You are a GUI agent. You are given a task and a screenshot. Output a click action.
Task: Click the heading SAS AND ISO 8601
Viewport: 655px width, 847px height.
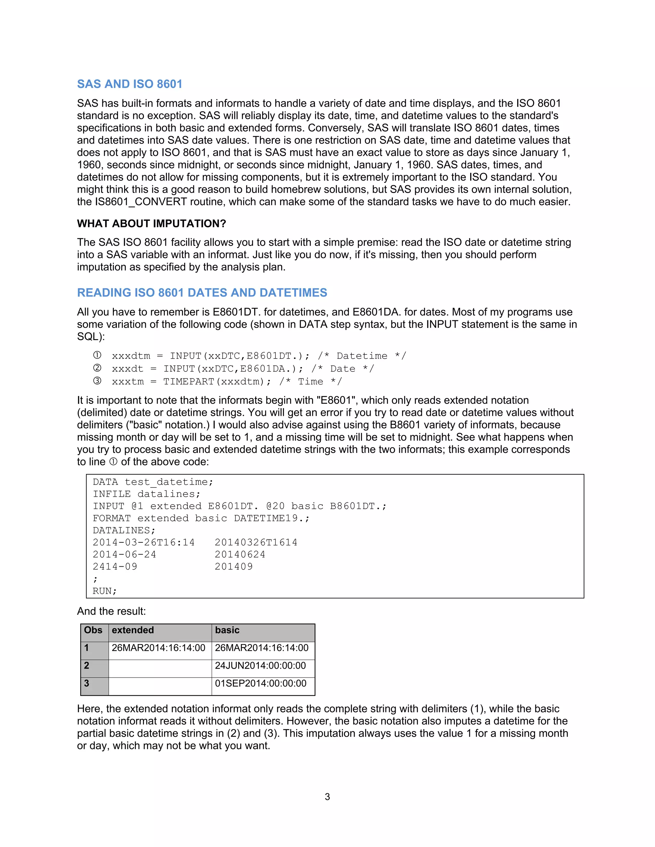130,84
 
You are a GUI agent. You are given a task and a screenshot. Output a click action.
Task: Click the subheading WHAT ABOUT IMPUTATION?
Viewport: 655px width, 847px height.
151,223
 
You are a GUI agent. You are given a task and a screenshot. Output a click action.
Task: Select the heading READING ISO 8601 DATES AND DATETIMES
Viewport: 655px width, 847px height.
202,292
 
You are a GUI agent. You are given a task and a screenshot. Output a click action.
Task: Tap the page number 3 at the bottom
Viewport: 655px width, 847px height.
327,796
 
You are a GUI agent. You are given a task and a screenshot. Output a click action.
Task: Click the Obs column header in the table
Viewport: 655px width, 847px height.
93,630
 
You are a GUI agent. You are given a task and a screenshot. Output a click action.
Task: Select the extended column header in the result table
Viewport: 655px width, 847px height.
133,630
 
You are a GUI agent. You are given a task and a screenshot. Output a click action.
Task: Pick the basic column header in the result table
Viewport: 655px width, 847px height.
227,630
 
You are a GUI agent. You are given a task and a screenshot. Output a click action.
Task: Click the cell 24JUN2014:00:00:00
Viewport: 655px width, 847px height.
260,665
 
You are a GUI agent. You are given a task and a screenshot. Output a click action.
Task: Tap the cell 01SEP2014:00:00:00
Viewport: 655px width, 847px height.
260,683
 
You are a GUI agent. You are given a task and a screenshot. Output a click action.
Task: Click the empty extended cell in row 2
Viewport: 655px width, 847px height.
160,669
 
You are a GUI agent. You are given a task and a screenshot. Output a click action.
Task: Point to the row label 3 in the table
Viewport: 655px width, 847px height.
87,683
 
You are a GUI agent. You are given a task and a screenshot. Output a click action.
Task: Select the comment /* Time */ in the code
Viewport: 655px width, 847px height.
311,382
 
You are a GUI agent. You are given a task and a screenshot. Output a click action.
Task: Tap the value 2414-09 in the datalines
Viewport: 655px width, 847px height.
115,567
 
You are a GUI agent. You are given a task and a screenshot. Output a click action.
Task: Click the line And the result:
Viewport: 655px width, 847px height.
111,611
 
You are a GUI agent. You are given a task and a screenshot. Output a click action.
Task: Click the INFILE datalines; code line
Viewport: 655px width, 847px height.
146,494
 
